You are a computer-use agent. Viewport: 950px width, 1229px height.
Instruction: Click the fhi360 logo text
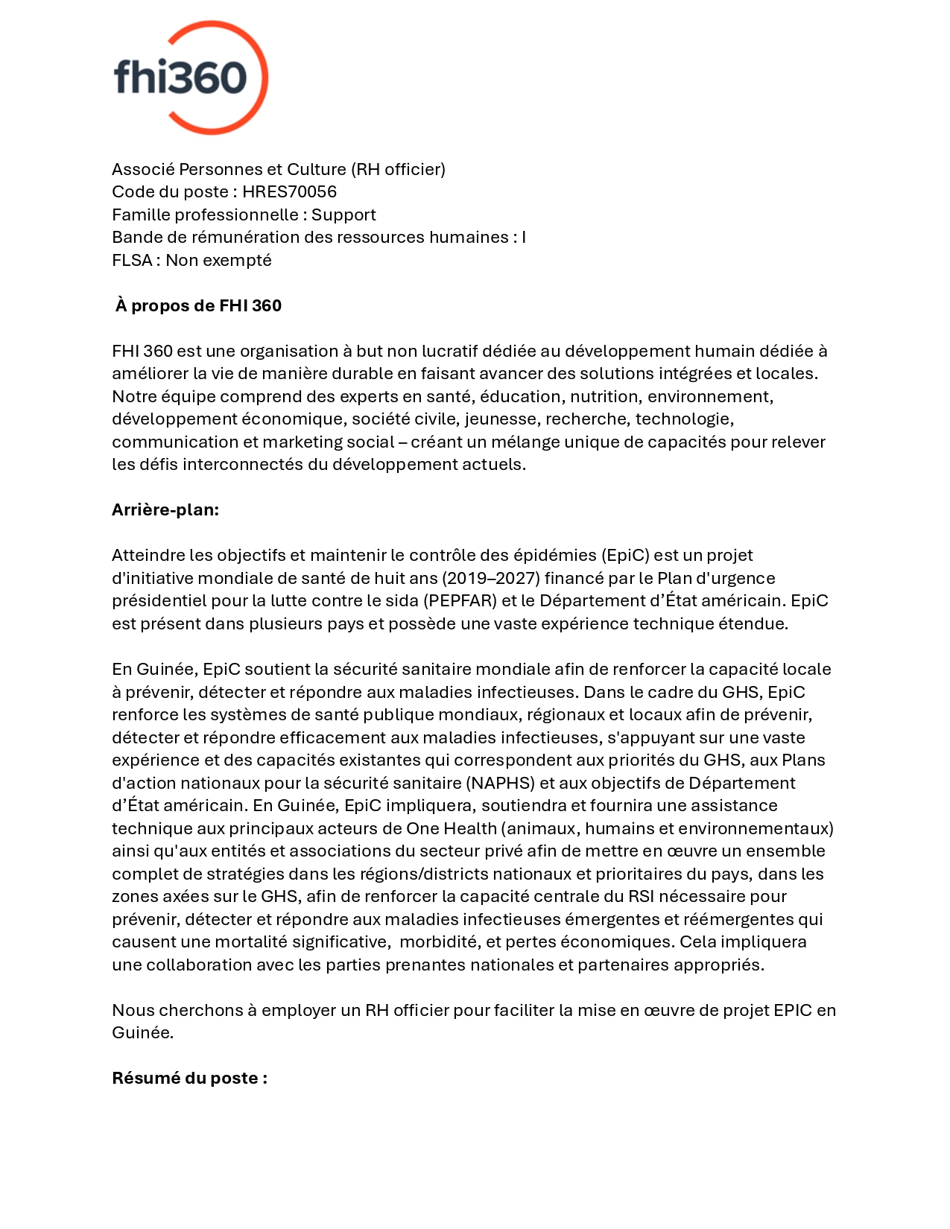(180, 77)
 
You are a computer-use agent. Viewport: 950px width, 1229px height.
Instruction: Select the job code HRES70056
(289, 192)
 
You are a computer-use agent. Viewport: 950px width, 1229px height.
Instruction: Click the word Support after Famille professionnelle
(343, 215)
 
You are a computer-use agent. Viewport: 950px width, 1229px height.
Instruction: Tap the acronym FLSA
(132, 261)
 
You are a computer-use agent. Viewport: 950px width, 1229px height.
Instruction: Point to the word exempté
(242, 261)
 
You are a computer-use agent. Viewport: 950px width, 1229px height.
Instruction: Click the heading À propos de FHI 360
(198, 306)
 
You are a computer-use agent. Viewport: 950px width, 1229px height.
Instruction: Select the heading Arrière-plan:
(165, 510)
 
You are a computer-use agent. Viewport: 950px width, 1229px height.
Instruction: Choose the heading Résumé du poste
(189, 1079)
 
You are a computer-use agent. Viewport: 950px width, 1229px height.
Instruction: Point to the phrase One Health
(452, 829)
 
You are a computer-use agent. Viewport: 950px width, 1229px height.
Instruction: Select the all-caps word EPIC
(792, 1011)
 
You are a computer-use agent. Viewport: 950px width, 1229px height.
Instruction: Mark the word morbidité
(438, 942)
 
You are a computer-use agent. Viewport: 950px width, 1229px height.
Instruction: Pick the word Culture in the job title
(317, 170)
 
